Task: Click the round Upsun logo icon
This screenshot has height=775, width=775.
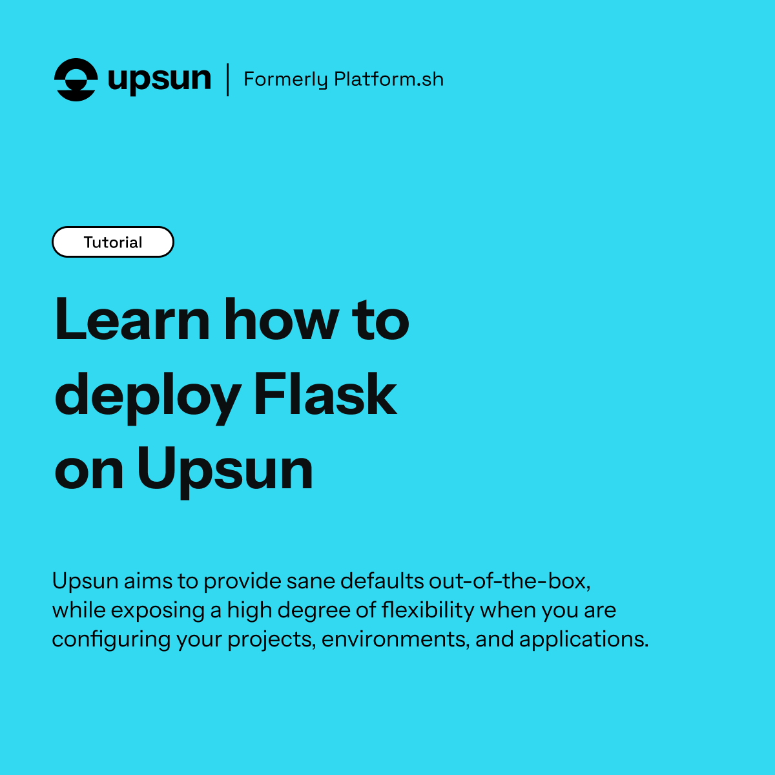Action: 76,79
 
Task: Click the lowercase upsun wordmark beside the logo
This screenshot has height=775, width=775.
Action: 160,80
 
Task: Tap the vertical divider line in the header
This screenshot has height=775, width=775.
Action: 227,79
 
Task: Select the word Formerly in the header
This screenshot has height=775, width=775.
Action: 285,79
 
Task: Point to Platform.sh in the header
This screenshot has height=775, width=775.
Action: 389,79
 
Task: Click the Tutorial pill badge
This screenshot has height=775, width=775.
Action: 113,242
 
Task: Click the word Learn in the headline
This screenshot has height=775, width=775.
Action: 132,320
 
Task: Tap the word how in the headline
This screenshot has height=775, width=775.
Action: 282,320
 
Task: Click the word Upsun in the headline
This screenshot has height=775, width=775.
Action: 225,471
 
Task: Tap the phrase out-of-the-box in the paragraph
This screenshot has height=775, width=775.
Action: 510,581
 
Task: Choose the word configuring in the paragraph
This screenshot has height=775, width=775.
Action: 111,639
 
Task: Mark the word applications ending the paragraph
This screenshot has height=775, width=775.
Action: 584,639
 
